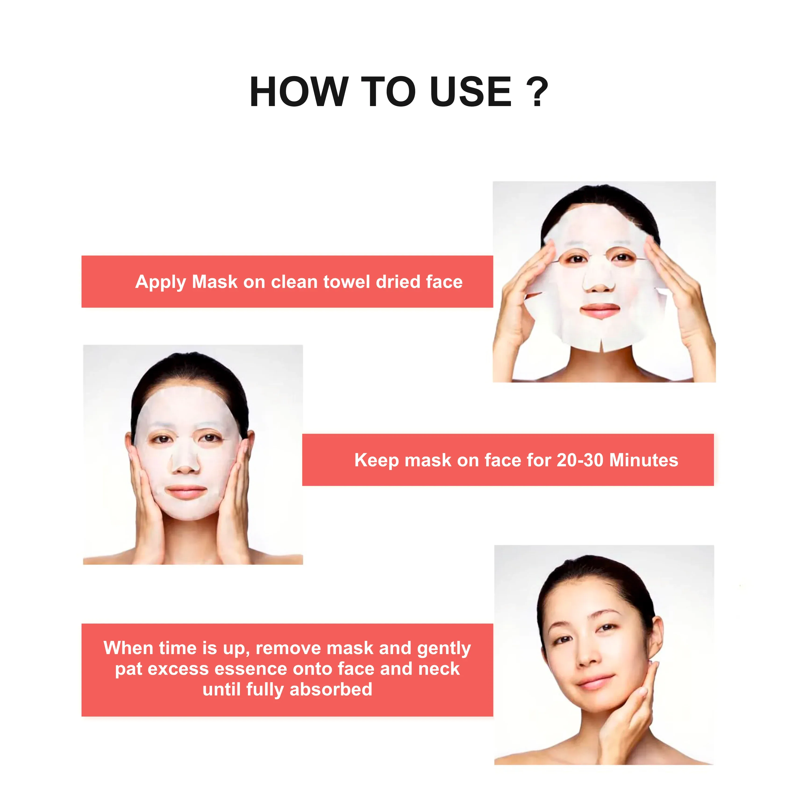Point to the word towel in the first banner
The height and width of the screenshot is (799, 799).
click(x=346, y=282)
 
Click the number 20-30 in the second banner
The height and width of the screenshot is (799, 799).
click(x=580, y=460)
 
